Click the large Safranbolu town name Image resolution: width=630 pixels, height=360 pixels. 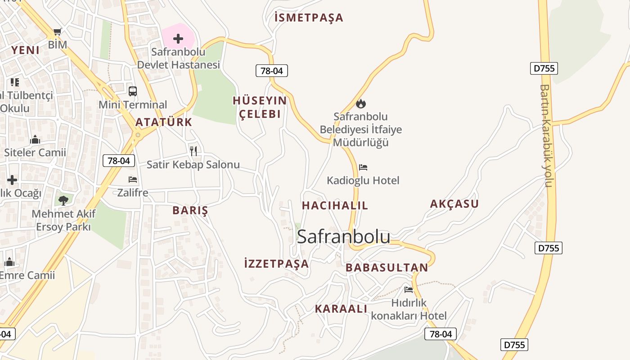[x=343, y=237]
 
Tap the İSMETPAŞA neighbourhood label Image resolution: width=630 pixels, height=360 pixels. [x=309, y=18]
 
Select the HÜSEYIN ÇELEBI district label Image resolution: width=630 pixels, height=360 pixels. [x=260, y=107]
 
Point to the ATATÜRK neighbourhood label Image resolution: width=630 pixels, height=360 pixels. [x=164, y=122]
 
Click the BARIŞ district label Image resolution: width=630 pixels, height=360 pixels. [x=190, y=210]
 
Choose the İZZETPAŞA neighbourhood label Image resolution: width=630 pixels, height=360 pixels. [x=276, y=264]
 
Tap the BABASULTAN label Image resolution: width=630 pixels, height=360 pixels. [x=387, y=268]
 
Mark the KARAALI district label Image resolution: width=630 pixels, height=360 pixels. [x=341, y=309]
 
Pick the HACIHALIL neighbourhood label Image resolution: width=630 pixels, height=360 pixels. [x=335, y=206]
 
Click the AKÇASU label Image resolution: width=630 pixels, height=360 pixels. [x=454, y=204]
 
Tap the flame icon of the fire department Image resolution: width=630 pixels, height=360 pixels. [x=361, y=104]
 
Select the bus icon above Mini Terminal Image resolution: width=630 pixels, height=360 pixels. [x=133, y=91]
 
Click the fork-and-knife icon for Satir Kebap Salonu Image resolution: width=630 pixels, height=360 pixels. [x=193, y=151]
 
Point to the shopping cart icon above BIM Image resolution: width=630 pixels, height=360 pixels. [x=57, y=31]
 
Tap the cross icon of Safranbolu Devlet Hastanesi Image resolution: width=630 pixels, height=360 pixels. [x=178, y=39]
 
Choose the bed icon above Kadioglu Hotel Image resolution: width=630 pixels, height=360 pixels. [x=363, y=167]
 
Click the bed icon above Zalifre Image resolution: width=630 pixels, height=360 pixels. [x=133, y=179]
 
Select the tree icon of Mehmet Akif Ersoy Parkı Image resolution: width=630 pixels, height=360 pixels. [x=63, y=200]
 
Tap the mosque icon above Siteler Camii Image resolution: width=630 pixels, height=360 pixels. [x=35, y=140]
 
